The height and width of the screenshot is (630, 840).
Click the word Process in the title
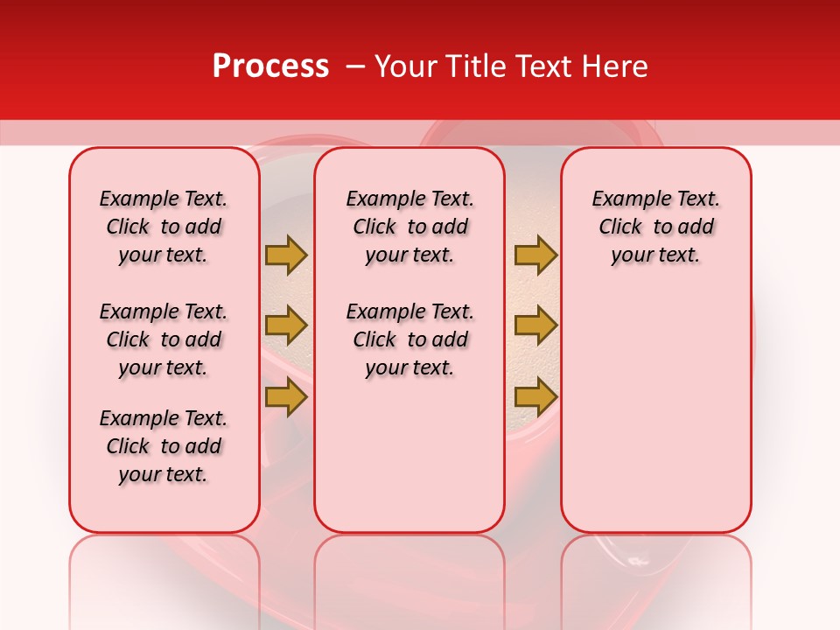tap(270, 66)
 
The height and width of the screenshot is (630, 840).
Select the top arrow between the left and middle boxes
tap(286, 255)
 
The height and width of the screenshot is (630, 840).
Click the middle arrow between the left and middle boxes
tap(286, 326)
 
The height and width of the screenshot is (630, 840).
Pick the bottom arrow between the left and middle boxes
tap(286, 396)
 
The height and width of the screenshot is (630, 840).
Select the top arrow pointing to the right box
tap(535, 255)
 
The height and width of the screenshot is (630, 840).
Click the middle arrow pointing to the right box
tap(535, 326)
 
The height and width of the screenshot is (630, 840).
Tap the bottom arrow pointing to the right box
tap(535, 396)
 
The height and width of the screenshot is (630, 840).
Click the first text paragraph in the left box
tap(164, 227)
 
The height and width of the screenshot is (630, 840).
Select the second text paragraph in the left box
tap(164, 339)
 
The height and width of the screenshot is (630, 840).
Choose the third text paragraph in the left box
tap(164, 446)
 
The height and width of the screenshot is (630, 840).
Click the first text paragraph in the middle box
tap(409, 227)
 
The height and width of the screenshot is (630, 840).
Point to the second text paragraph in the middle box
tap(409, 339)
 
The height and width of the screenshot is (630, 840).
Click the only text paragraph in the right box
tap(655, 227)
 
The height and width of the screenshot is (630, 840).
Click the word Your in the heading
tap(406, 66)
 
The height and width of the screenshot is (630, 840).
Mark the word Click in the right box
tap(620, 227)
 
